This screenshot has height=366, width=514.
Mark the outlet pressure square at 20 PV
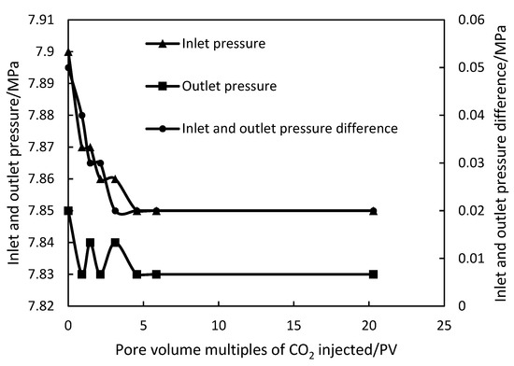(x=373, y=274)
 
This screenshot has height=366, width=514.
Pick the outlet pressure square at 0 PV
(x=68, y=211)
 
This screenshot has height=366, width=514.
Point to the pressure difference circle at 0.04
(x=81, y=116)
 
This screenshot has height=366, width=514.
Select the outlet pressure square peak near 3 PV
(x=115, y=243)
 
